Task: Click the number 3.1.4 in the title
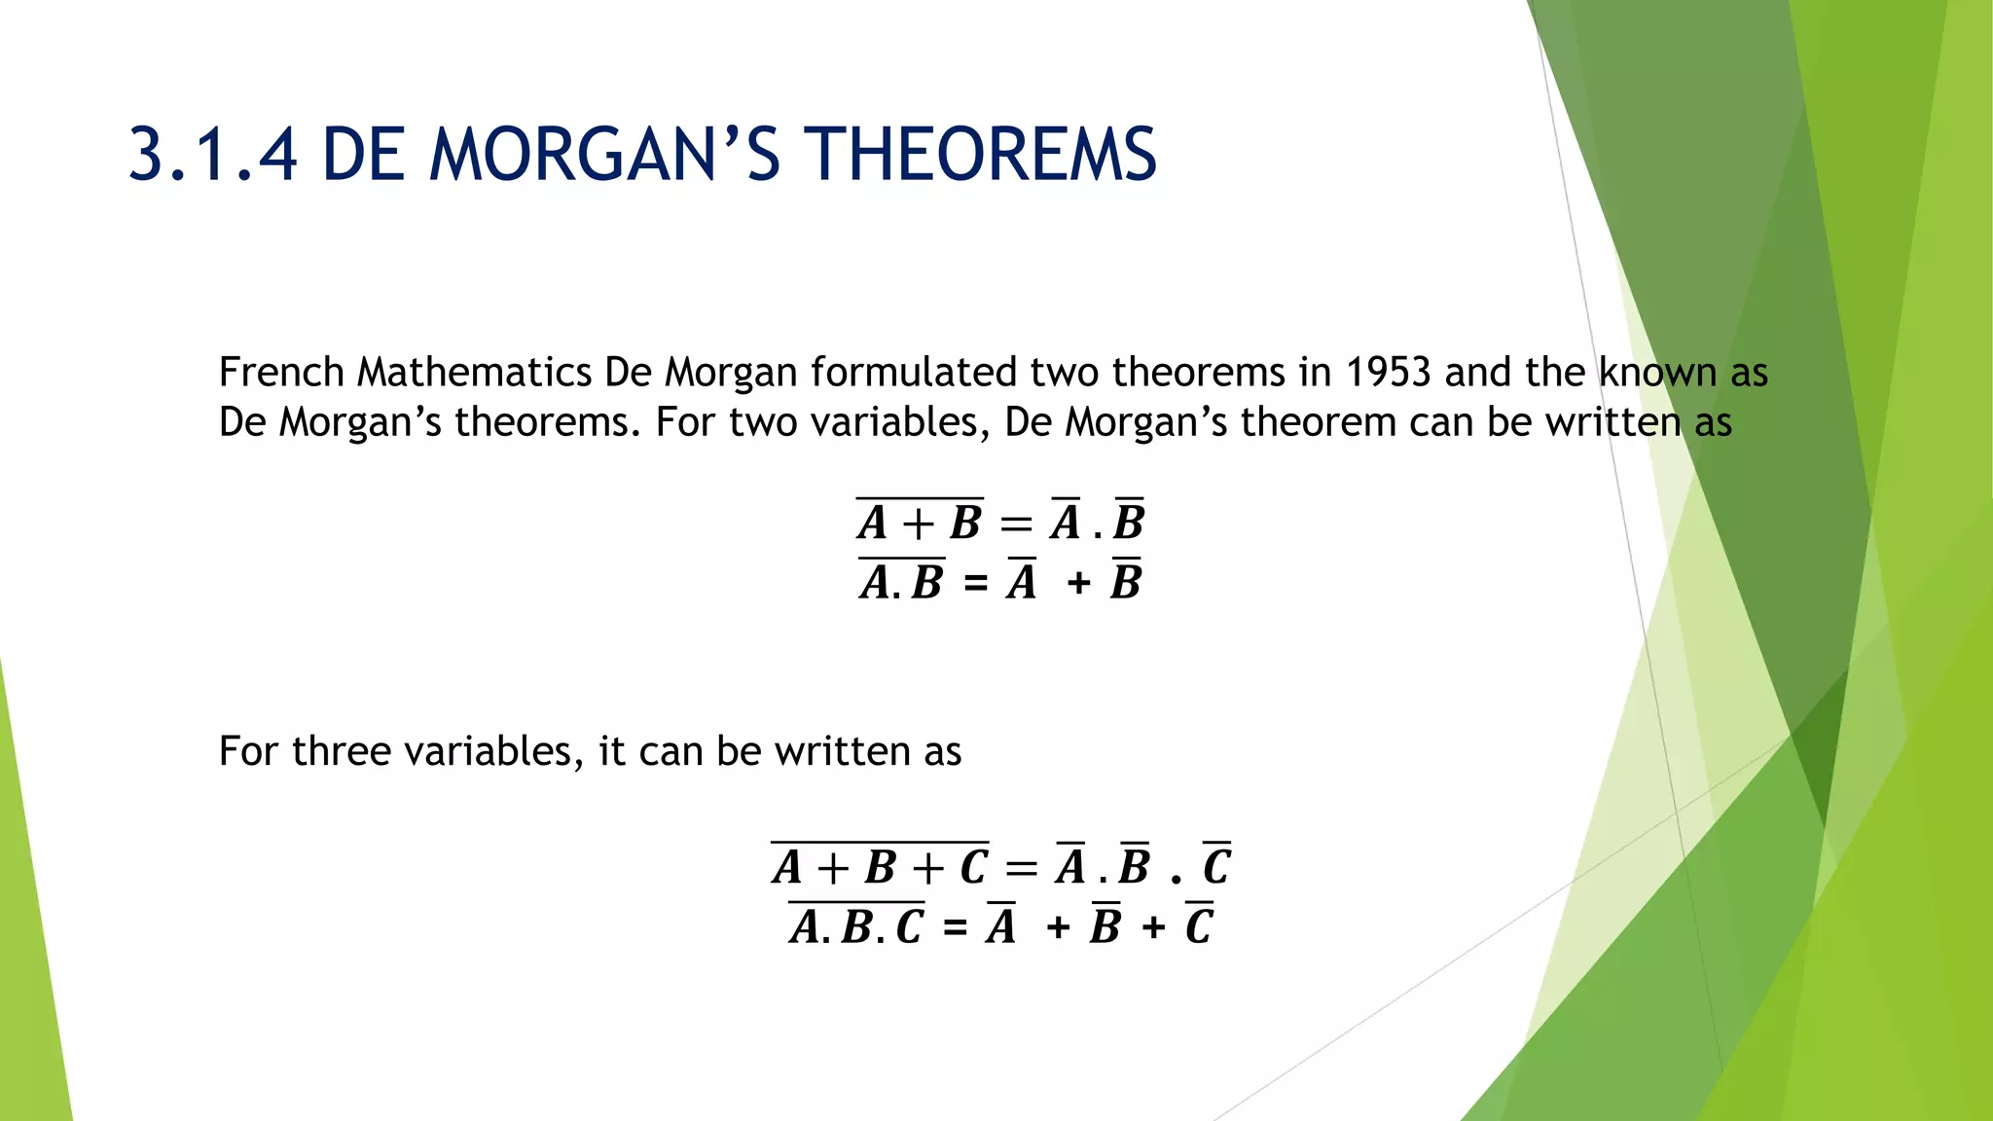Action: pyautogui.click(x=212, y=156)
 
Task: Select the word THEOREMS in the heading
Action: pyautogui.click(x=984, y=156)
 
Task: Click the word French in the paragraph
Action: pyautogui.click(x=281, y=373)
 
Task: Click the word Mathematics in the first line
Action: pyautogui.click(x=474, y=373)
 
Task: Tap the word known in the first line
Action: pyautogui.click(x=1658, y=373)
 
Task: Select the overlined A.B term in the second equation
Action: pyautogui.click(x=901, y=582)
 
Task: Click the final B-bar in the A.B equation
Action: pyautogui.click(x=1126, y=582)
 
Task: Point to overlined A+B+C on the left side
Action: pyautogui.click(x=880, y=866)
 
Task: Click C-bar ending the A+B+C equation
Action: pyautogui.click(x=1216, y=865)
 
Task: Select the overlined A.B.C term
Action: pyautogui.click(x=856, y=925)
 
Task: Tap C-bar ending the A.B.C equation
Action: pyautogui.click(x=1199, y=925)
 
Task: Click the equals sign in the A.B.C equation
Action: pyautogui.click(x=956, y=927)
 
